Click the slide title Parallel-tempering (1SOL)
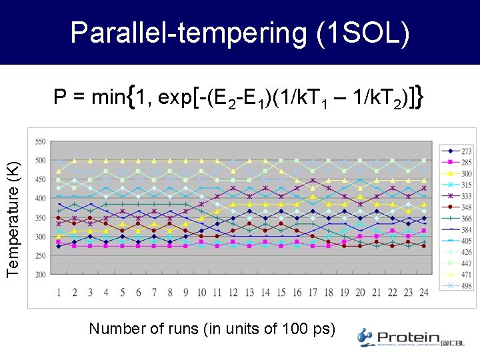240,32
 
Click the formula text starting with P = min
239,98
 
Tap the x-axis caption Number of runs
213,328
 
